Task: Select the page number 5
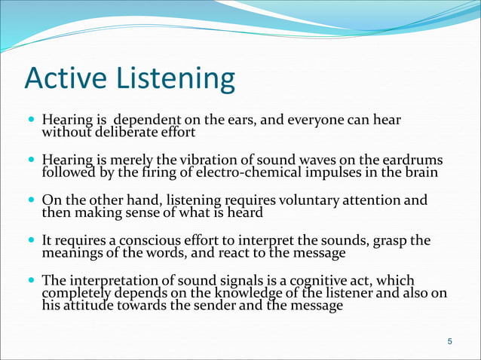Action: click(450, 343)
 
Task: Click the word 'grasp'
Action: click(393, 241)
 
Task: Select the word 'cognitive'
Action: click(321, 281)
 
